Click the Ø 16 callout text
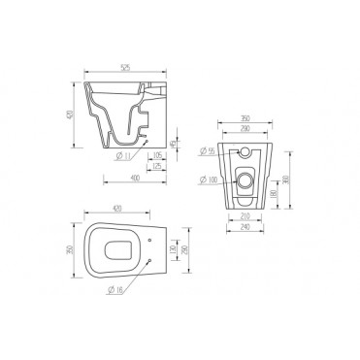pos(116,291)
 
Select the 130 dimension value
pos(167,250)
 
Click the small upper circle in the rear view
pos(244,150)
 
